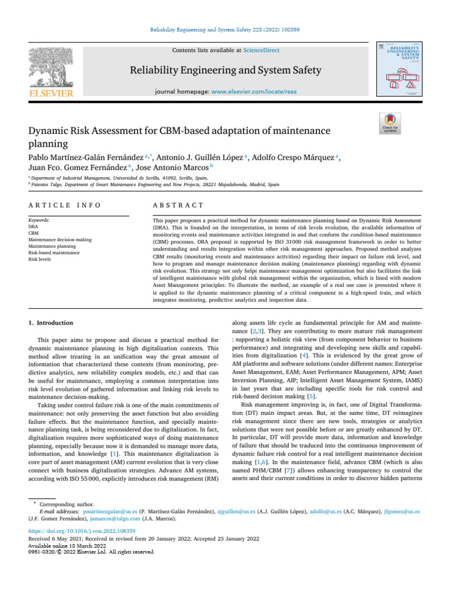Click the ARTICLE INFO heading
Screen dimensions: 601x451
pos(65,205)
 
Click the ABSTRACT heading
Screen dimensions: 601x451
pos(178,205)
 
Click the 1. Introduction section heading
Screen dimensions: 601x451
pos(51,323)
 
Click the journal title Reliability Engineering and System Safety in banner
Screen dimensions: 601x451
pos(225,71)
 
